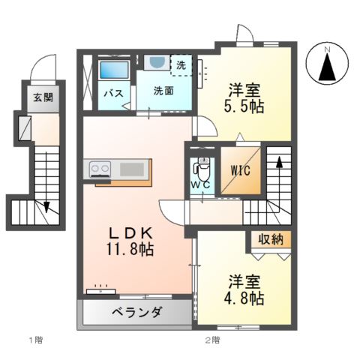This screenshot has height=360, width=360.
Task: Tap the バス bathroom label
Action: pos(113,94)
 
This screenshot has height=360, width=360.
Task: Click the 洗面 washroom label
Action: pos(164,91)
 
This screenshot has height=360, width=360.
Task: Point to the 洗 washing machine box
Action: pos(181,64)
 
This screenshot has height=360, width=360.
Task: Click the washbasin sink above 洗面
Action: pos(157,64)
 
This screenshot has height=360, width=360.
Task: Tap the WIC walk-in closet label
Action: pos(239,169)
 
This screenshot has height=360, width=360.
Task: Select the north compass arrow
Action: pos(327,68)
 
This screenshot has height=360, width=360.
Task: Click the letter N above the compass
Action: pos(327,49)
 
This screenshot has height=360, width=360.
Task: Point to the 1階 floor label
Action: pos(36,340)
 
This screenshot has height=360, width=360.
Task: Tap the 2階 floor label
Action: pos(212,340)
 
